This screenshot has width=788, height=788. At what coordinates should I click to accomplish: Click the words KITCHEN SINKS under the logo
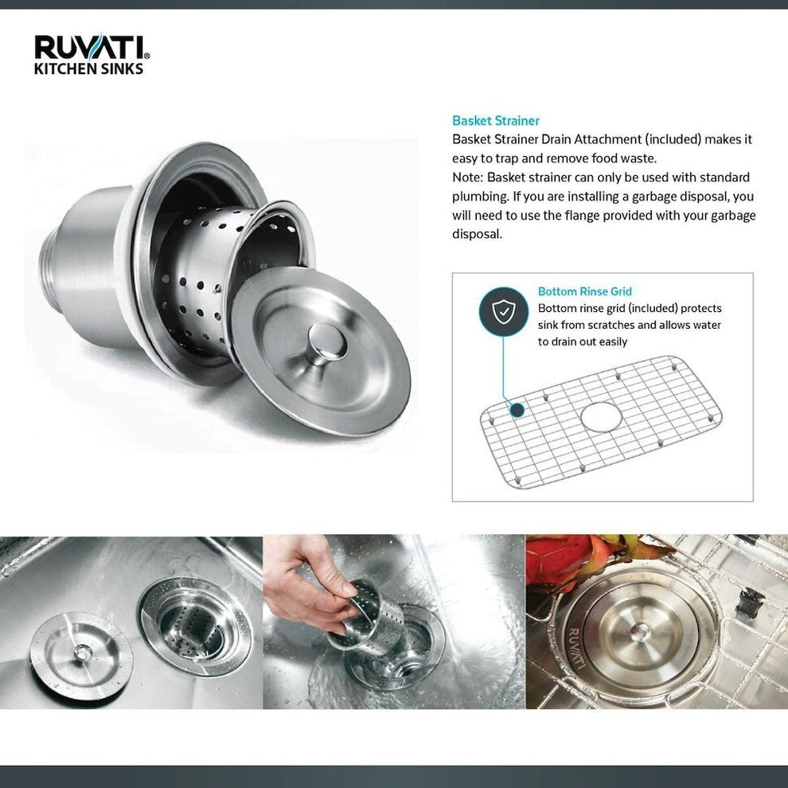coord(88,69)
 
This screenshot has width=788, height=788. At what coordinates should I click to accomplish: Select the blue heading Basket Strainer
coord(495,121)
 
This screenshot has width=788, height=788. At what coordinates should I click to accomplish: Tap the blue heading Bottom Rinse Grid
coord(584,292)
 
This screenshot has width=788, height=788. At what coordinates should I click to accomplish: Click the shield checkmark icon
coord(502,313)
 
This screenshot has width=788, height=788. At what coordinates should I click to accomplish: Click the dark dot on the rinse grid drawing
coord(517,410)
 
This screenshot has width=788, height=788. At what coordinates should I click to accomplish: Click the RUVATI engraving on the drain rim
coord(575,645)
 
